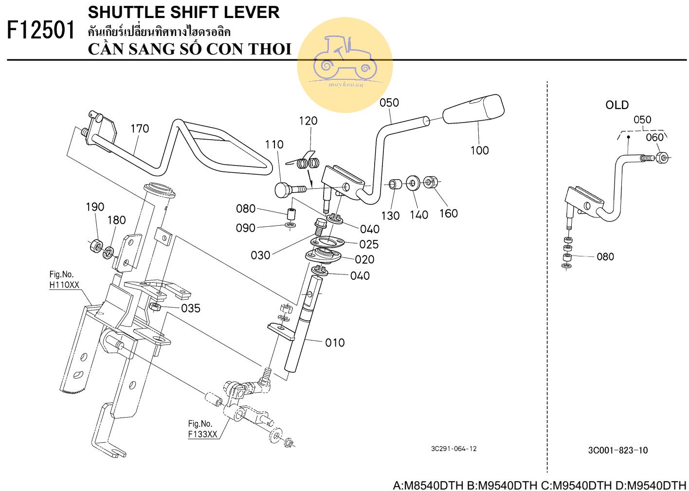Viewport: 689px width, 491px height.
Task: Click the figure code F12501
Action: click(x=41, y=31)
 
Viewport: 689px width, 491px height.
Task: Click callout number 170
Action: click(x=140, y=129)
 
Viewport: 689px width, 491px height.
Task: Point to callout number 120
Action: click(x=308, y=121)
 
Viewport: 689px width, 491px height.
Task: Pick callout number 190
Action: click(x=95, y=207)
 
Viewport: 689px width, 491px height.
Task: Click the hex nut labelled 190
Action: click(x=95, y=246)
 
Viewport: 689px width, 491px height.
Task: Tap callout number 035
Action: click(x=191, y=309)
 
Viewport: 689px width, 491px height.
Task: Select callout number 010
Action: click(x=335, y=343)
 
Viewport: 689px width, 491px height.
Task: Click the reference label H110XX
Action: click(x=64, y=285)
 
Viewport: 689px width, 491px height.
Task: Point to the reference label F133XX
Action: click(x=202, y=434)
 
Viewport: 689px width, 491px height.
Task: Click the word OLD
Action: click(x=617, y=105)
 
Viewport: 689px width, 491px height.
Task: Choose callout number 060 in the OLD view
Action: click(x=654, y=138)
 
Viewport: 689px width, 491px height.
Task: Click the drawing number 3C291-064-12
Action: click(x=453, y=449)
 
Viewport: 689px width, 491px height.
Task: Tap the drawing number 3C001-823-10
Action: click(x=618, y=451)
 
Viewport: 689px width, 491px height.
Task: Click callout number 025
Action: click(x=369, y=244)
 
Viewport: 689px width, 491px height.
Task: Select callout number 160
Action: click(x=448, y=213)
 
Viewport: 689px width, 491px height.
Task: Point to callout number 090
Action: click(x=246, y=228)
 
